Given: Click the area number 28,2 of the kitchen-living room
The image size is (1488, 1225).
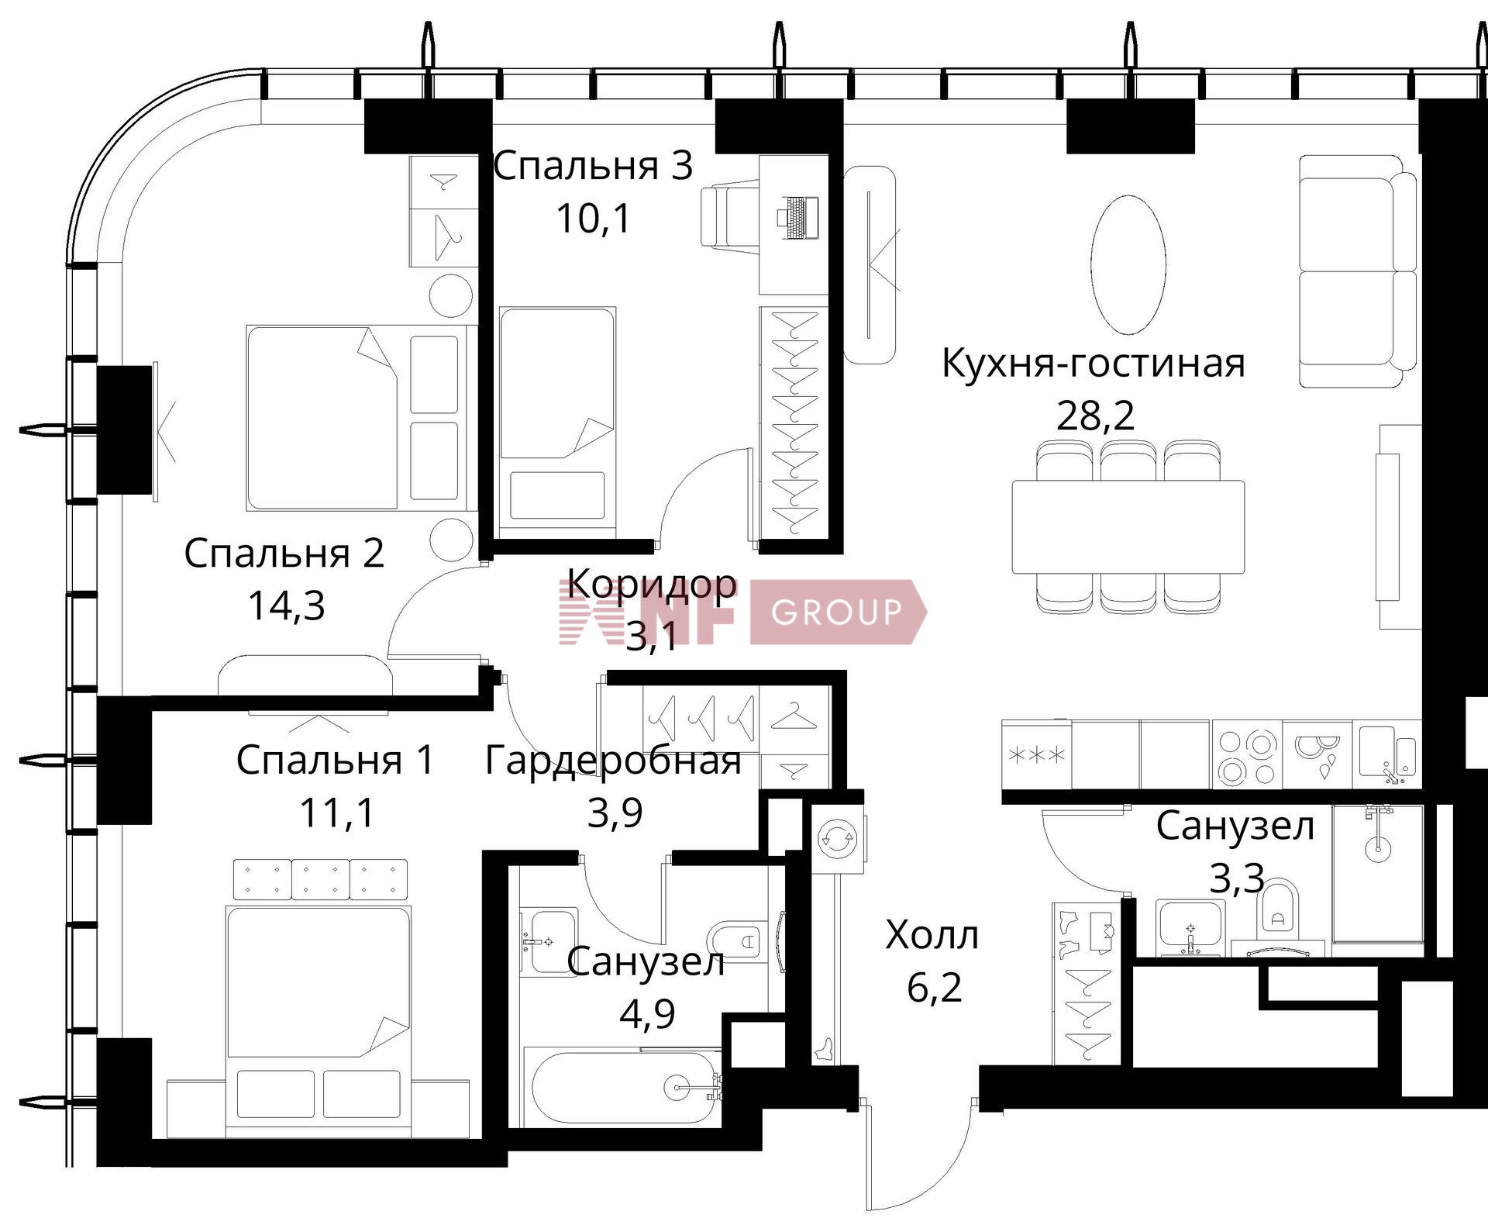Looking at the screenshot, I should pos(1094,416).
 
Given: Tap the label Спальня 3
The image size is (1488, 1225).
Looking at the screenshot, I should pos(593,166).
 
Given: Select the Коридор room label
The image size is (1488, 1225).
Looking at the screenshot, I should pos(651,583).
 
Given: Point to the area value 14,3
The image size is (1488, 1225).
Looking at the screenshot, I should pos(286,606).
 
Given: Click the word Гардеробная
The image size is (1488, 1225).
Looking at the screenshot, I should pos(612,761).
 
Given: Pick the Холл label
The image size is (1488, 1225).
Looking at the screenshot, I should pos(932,935).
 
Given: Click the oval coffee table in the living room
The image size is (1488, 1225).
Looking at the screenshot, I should pos(1128,264).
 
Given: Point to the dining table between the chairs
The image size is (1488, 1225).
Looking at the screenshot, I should pos(1128,526).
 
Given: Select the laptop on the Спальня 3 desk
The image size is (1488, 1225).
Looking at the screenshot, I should pos(797,218).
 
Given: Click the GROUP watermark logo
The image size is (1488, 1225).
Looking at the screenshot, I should pos(837,612).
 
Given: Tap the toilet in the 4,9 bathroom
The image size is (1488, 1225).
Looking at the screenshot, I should pos(736,941).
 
